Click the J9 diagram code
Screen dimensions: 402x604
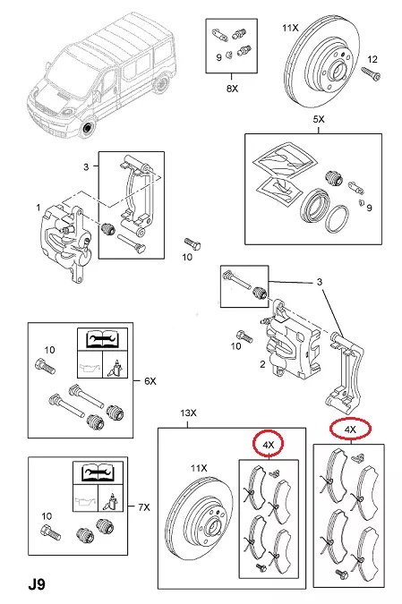37,584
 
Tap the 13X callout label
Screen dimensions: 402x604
188,413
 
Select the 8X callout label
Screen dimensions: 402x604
232,89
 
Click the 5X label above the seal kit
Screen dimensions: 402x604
319,119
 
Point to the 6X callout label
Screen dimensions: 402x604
150,381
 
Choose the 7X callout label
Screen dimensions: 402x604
144,507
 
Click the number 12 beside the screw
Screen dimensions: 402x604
372,59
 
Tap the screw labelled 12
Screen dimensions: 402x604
371,73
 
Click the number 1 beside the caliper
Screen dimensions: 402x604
38,208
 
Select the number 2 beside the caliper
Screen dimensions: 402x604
262,364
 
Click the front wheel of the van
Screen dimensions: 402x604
89,128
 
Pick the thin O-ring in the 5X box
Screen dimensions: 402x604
338,218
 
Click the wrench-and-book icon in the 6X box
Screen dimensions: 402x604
102,339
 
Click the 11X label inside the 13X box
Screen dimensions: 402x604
199,468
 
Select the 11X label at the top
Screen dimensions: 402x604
290,28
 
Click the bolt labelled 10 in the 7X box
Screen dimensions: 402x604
50,533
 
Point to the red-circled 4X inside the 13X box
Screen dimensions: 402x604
269,445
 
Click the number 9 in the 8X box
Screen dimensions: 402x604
219,58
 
